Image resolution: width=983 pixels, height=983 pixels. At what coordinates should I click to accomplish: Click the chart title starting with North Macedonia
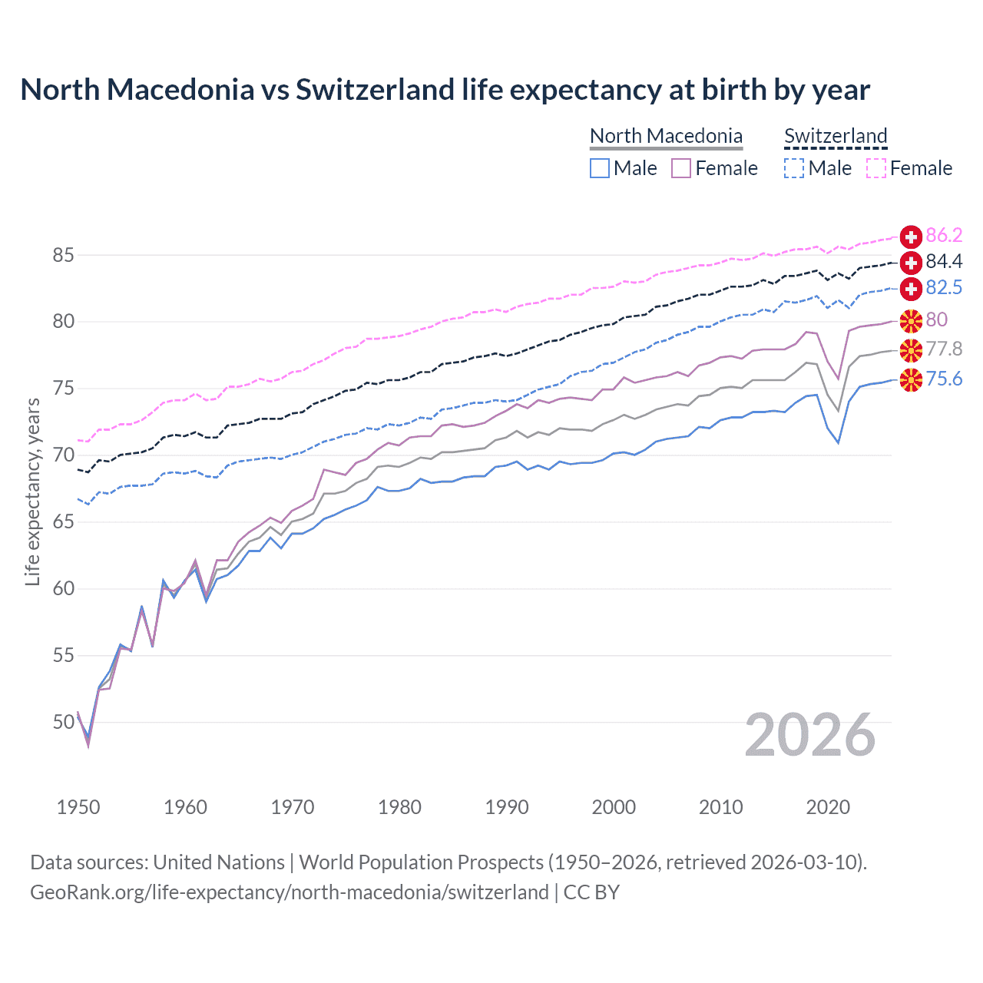click(445, 90)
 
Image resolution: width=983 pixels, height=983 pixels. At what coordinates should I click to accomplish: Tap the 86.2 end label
click(944, 235)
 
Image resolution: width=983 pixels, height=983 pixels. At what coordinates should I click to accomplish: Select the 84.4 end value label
click(944, 262)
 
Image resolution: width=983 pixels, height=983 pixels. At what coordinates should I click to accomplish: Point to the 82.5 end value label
click(944, 287)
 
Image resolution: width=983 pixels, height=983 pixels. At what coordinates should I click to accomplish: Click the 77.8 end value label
click(944, 349)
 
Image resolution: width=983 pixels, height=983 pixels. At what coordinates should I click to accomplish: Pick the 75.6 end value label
click(944, 379)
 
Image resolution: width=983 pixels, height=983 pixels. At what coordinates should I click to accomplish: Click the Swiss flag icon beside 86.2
click(911, 237)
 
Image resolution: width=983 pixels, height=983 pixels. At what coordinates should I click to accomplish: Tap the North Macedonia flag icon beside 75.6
click(911, 379)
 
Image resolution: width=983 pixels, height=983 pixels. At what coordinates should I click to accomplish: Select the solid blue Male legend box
click(600, 168)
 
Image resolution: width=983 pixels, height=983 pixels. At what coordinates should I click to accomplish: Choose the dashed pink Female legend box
click(876, 168)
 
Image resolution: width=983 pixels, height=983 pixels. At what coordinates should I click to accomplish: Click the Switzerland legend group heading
click(836, 136)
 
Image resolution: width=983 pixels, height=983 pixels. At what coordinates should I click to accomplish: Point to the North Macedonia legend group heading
click(666, 136)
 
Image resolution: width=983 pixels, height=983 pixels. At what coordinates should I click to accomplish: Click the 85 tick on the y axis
click(64, 255)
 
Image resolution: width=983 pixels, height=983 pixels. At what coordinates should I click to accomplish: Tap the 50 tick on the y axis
click(64, 722)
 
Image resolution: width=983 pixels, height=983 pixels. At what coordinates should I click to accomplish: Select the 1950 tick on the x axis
click(78, 807)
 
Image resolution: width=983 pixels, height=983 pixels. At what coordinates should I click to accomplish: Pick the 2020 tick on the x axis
click(828, 807)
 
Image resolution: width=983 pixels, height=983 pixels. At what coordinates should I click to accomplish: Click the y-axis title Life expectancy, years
click(32, 491)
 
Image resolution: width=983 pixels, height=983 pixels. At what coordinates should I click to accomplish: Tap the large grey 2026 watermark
click(810, 735)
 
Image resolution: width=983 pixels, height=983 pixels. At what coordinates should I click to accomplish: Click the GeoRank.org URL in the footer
click(289, 892)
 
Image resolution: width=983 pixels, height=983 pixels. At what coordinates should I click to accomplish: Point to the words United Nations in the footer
click(219, 862)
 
